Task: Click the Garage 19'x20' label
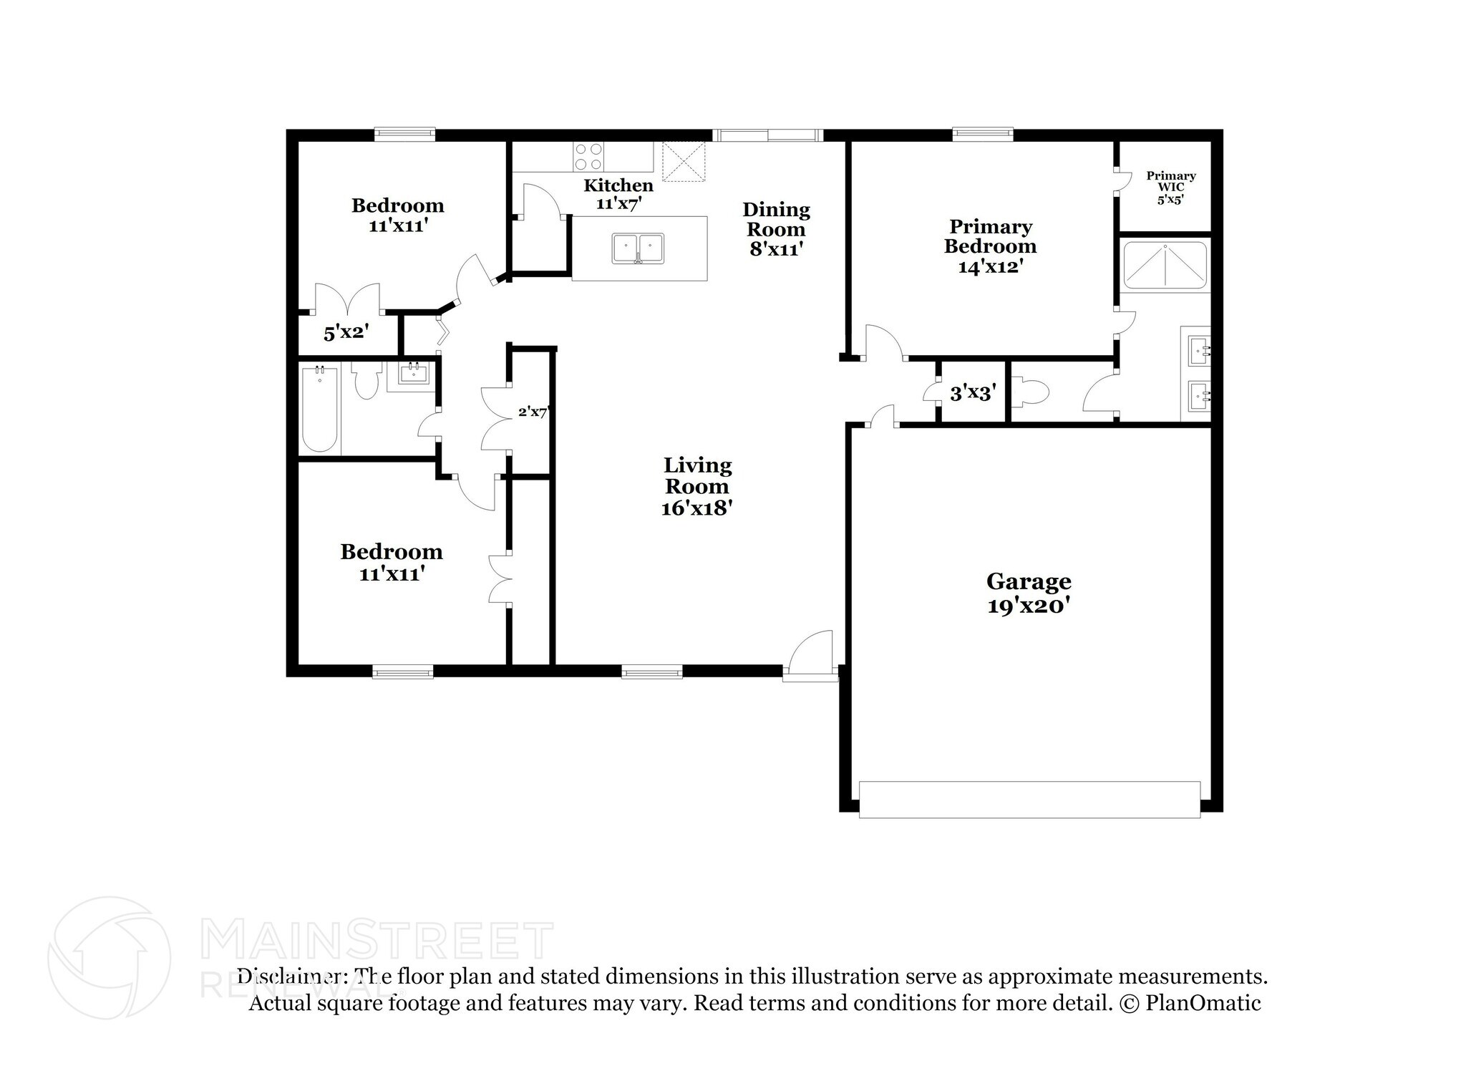point(1028,593)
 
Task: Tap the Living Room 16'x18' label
point(697,486)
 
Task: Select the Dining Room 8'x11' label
point(776,229)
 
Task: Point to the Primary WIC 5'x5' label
point(1170,187)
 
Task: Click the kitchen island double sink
point(639,248)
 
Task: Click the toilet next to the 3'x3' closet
point(1031,392)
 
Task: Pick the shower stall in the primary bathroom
point(1164,265)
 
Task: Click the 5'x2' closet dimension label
point(346,333)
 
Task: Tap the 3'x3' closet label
point(972,392)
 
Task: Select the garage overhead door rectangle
point(1029,799)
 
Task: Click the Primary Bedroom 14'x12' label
point(990,246)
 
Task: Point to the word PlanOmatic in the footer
point(1203,1003)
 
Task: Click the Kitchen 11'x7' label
point(618,194)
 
